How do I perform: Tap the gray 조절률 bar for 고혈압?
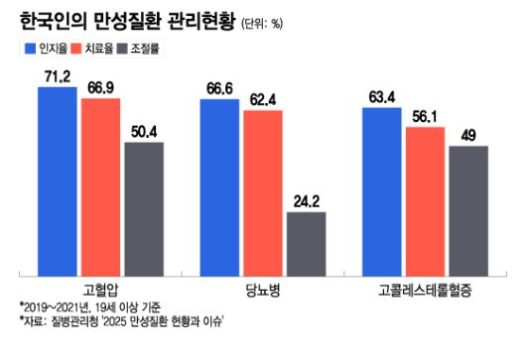tap(144, 208)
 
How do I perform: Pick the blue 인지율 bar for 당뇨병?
tap(219, 187)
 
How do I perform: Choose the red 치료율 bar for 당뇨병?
tap(263, 192)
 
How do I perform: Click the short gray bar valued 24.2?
tap(306, 243)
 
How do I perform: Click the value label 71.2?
tap(59, 75)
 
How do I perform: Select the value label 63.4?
tap(382, 96)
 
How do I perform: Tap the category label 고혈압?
tap(101, 291)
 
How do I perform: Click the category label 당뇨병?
tap(263, 291)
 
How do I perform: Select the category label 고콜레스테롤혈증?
tap(425, 291)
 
